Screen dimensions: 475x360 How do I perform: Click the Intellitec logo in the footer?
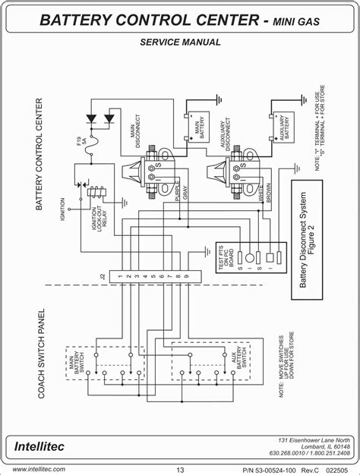pos(38,443)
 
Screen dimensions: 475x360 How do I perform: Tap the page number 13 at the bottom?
pos(179,468)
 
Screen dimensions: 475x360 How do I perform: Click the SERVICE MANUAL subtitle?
pos(180,42)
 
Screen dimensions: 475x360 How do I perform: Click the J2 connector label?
pos(103,278)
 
